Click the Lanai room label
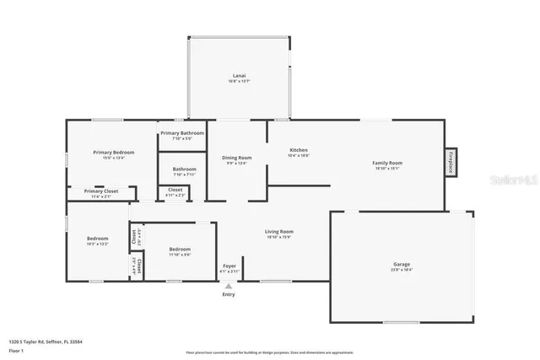239,77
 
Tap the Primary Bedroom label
113,153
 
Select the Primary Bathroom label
182,133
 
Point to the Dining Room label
237,158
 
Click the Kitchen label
299,150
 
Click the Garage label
401,265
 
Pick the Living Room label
278,231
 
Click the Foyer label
229,266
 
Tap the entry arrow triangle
229,286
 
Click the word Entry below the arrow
229,294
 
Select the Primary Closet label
100,191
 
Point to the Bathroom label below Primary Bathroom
184,169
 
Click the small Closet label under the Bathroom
175,190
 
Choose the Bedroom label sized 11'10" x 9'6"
179,250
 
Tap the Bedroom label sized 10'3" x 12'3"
97,239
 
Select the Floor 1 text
15,350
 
